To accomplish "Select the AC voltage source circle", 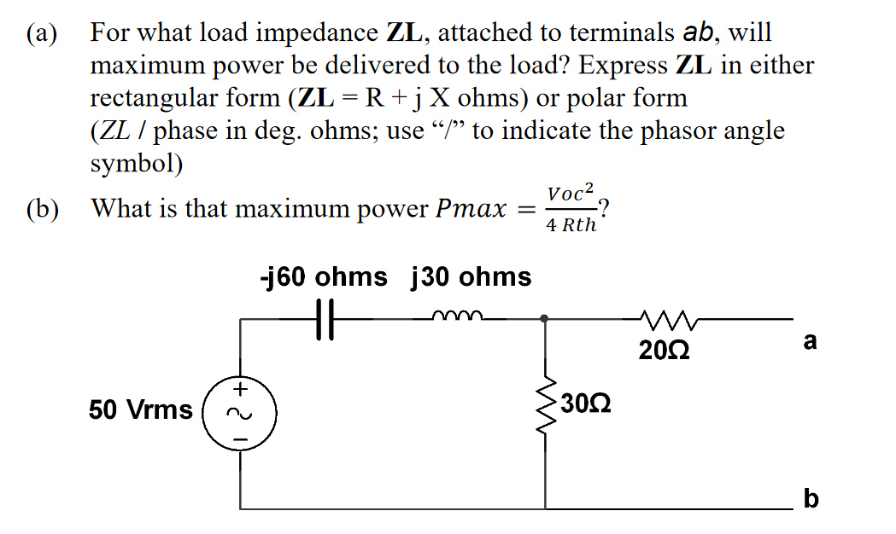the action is (240, 413).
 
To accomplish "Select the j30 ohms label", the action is (471, 277).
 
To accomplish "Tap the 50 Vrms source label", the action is (141, 410).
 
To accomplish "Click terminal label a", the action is (811, 342).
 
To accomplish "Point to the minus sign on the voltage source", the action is (240, 439).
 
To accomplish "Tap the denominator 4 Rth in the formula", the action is (571, 226).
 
